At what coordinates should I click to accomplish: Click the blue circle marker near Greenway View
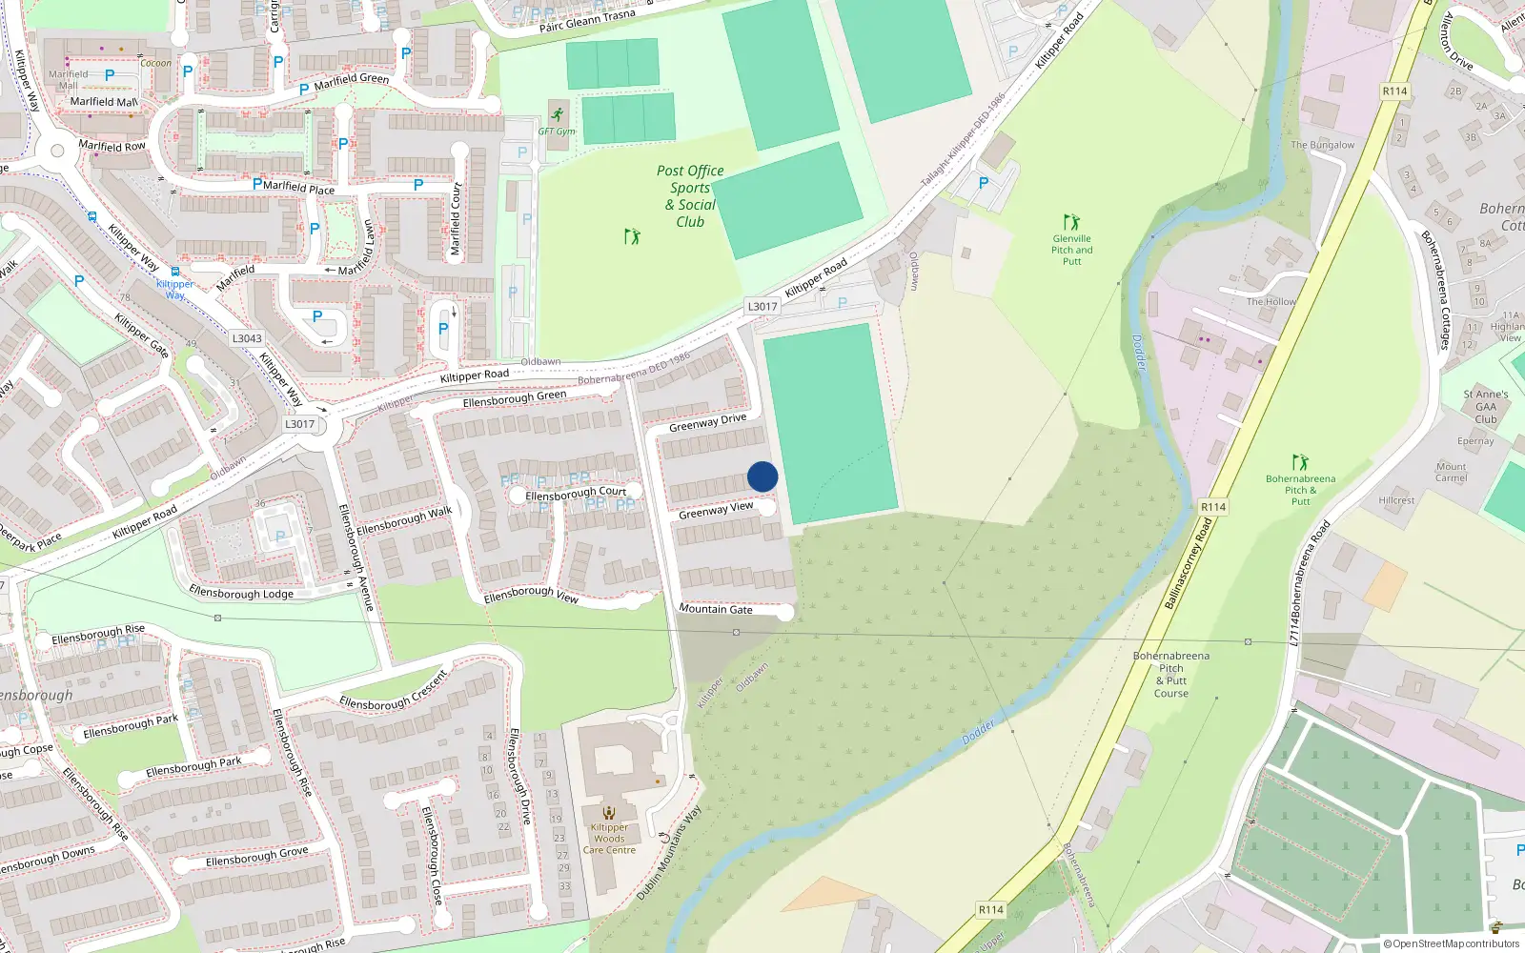pos(762,476)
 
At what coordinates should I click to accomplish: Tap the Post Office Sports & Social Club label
pos(690,196)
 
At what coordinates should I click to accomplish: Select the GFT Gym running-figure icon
pos(557,115)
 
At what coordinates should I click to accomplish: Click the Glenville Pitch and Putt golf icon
pos(1071,222)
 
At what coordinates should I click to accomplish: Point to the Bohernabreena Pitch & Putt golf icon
pos(1300,462)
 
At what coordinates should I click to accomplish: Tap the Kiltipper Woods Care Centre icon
pos(609,813)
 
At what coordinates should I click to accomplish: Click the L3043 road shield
pos(247,338)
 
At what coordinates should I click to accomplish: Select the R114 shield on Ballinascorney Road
pos(1213,507)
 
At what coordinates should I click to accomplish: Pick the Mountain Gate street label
pos(716,609)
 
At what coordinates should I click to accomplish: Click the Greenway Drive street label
pos(707,423)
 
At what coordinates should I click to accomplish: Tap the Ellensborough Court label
pos(576,494)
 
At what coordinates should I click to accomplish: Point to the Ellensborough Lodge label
pos(241,593)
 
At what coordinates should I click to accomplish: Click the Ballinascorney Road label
pos(1189,564)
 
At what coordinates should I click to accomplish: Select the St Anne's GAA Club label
pos(1486,407)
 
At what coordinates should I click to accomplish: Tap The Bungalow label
pos(1322,145)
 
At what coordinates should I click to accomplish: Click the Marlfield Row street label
pos(112,146)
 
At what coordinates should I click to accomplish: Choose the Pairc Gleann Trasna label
pos(587,21)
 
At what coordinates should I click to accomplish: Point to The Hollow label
pos(1271,302)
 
